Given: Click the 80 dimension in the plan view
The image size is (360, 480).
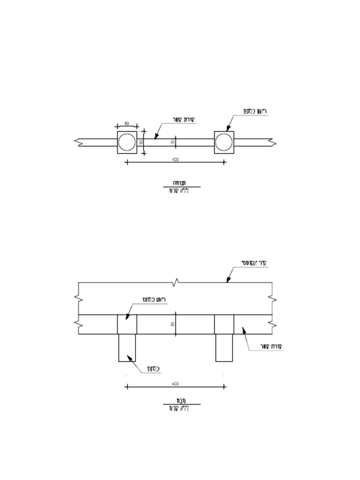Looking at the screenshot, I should click(x=127, y=123).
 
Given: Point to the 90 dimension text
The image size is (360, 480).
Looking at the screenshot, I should click(x=141, y=142).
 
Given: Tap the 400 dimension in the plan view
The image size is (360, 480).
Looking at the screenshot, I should click(x=175, y=159).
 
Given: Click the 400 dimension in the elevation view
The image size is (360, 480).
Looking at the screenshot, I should click(x=175, y=383).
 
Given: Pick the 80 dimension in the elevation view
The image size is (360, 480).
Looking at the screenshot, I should click(x=172, y=324).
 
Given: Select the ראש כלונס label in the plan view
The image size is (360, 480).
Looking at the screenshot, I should click(x=255, y=111).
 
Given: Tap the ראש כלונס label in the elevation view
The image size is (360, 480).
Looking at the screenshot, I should click(x=154, y=299).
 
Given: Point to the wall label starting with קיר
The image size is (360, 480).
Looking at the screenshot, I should click(x=253, y=263).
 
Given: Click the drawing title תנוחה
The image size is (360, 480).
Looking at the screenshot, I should click(x=179, y=183).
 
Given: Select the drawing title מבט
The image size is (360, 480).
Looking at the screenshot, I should click(x=179, y=401).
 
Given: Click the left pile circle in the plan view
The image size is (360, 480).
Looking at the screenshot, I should click(x=127, y=142).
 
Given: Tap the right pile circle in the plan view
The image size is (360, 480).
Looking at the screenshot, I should click(x=224, y=142).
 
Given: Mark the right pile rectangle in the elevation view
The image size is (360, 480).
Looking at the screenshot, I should click(x=224, y=348).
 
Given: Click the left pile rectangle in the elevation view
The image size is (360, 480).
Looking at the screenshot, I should click(x=127, y=348).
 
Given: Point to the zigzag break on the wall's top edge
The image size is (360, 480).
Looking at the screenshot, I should click(x=176, y=282).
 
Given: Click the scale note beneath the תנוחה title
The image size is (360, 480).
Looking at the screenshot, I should click(x=179, y=191).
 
